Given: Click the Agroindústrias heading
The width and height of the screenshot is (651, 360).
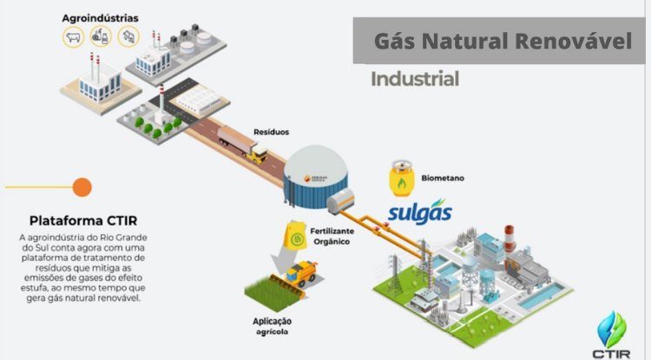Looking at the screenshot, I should point(100,16).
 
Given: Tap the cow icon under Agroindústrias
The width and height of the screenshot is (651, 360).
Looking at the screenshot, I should point(74,36).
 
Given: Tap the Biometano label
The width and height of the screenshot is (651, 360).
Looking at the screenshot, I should point(443,179).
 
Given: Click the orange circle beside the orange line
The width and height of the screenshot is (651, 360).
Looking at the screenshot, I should point(82,187).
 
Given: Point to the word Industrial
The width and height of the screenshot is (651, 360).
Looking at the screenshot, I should point(414,80).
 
